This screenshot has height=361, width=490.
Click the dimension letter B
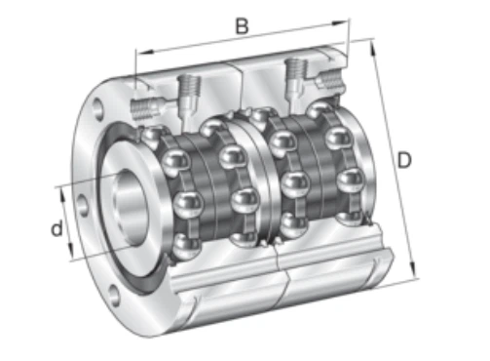point(242,26)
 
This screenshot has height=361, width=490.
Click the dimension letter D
point(404,160)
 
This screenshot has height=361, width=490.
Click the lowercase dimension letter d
point(57,228)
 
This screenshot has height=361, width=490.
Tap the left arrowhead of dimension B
point(145,52)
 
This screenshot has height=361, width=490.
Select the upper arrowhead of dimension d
point(63,195)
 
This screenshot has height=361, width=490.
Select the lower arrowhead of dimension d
point(70,249)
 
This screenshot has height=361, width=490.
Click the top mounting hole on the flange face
point(97,108)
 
